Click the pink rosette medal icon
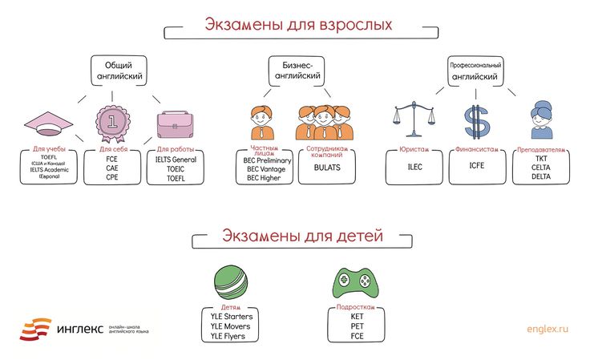pyautogui.click(x=111, y=123)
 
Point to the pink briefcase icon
pyautogui.click(x=173, y=124)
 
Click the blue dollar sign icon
pyautogui.click(x=476, y=122)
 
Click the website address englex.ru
pyautogui.click(x=547, y=329)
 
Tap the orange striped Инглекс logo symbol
pyautogui.click(x=35, y=327)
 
